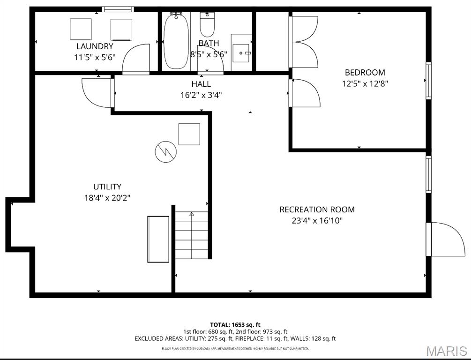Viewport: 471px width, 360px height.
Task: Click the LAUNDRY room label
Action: [x=95, y=46]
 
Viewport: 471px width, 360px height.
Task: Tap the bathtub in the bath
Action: [x=176, y=41]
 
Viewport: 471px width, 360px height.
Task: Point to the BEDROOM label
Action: [x=365, y=73]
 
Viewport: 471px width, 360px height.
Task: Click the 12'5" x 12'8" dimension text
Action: [x=365, y=84]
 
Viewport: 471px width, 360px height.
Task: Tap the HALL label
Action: [x=201, y=84]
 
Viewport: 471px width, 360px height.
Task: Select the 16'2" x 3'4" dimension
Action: [x=201, y=95]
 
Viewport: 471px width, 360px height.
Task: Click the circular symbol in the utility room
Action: [x=165, y=151]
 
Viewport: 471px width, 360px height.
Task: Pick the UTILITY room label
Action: [x=107, y=187]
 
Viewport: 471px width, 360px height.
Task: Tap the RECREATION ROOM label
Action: [x=317, y=210]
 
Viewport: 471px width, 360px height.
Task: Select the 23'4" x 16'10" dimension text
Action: [x=317, y=221]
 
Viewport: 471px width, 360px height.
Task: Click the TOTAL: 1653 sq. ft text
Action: [x=235, y=324]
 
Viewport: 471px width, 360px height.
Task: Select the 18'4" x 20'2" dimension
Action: [x=107, y=198]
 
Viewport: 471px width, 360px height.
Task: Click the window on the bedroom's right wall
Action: [x=428, y=81]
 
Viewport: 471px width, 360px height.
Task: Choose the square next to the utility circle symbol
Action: [x=189, y=134]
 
